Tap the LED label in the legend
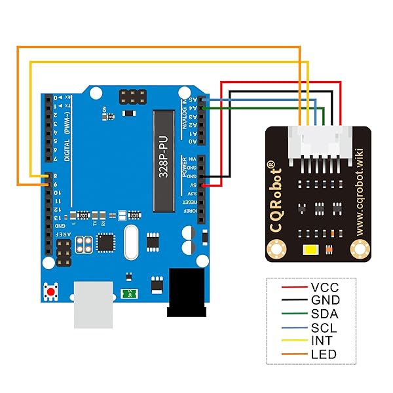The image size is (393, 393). point(324,354)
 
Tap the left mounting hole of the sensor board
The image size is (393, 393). point(276,250)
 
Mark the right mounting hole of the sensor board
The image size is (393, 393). point(360,250)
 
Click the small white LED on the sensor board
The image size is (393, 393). point(310,250)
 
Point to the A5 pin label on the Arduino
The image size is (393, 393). point(191,100)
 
